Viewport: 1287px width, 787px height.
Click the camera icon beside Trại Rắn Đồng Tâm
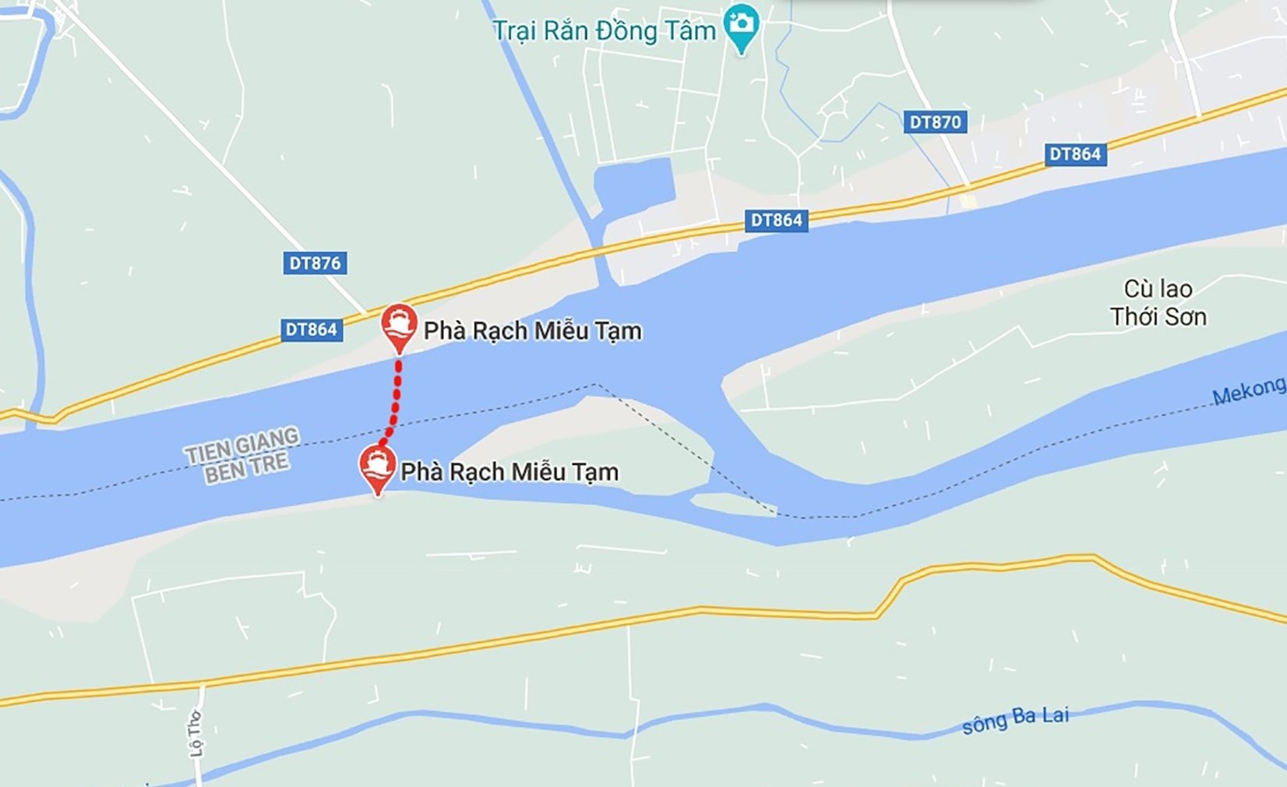coord(741,24)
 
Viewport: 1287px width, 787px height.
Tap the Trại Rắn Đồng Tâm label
coord(604,31)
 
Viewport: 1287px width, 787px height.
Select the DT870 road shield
coord(935,122)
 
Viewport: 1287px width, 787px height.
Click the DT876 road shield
coord(315,263)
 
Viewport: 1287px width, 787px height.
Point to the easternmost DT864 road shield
coord(1075,154)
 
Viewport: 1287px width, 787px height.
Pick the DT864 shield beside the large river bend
coord(776,221)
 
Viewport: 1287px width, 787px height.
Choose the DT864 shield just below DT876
coord(311,330)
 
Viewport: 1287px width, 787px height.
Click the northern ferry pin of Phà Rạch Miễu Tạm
coord(399,326)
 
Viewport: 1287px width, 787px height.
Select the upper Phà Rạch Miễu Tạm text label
coord(533,331)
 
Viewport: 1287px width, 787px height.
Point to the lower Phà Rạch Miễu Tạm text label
coord(510,472)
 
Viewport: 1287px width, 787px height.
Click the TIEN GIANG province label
coord(242,444)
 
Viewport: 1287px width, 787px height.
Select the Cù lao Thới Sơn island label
coord(1158,303)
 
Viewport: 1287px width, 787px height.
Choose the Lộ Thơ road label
coord(195,733)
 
